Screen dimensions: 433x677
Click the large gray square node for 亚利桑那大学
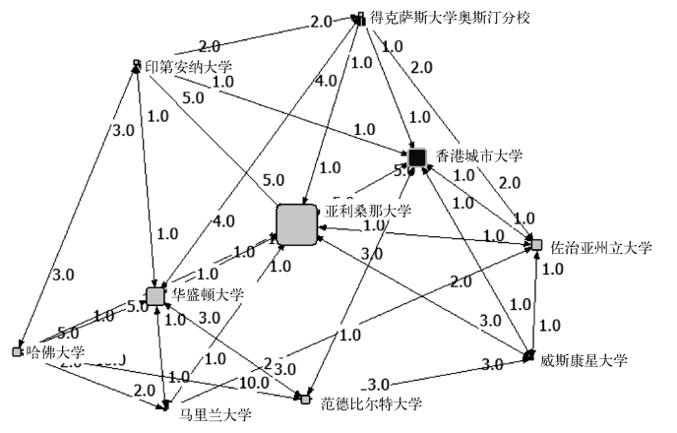point(297,224)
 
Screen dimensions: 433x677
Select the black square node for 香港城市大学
point(417,157)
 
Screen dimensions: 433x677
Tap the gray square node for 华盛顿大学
point(154,295)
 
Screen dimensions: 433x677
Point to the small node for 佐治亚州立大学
point(536,244)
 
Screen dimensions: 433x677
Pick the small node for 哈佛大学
point(17,351)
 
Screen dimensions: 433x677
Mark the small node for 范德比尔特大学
point(305,399)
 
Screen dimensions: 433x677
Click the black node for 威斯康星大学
point(529,354)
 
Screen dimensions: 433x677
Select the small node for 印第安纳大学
point(137,66)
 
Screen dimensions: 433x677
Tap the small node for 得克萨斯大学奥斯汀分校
point(360,19)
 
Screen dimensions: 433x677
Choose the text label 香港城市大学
point(480,155)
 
